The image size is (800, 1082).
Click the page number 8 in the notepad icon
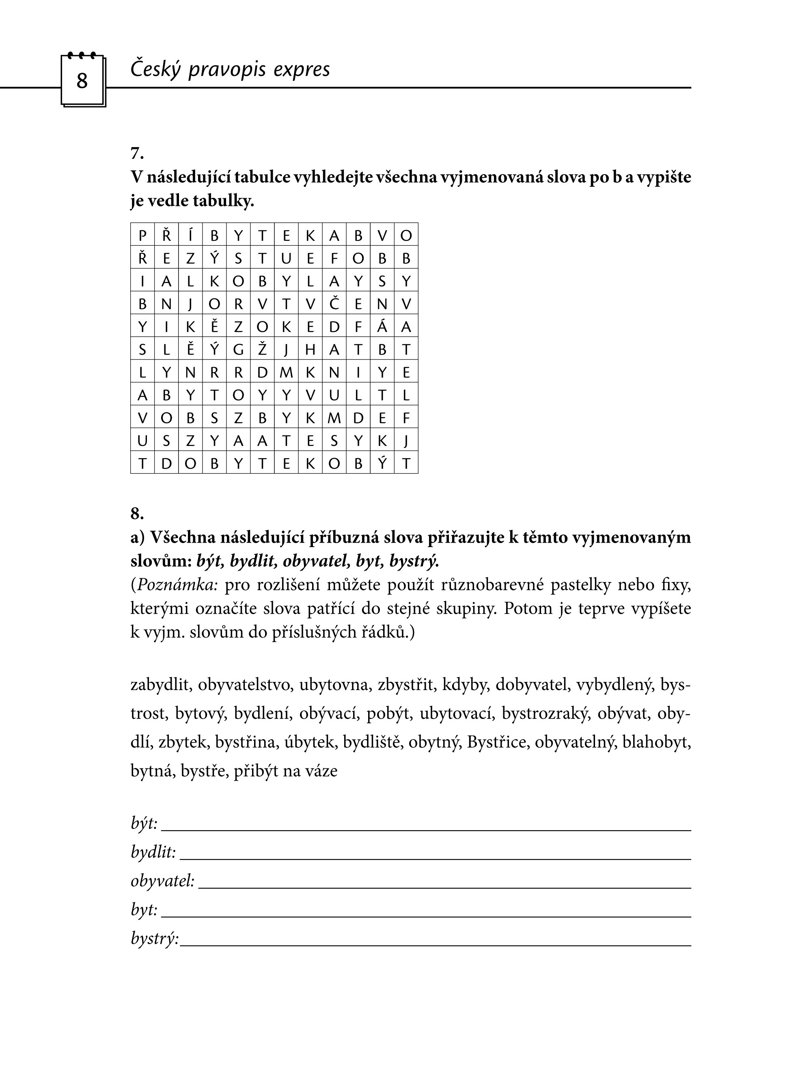tap(82, 80)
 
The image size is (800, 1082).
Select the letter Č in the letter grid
tap(334, 304)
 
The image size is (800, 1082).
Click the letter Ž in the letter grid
tap(262, 349)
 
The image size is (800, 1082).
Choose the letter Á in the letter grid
tap(382, 327)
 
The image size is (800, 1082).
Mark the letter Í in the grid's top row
tap(190, 235)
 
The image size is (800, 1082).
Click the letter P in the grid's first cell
tap(142, 236)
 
